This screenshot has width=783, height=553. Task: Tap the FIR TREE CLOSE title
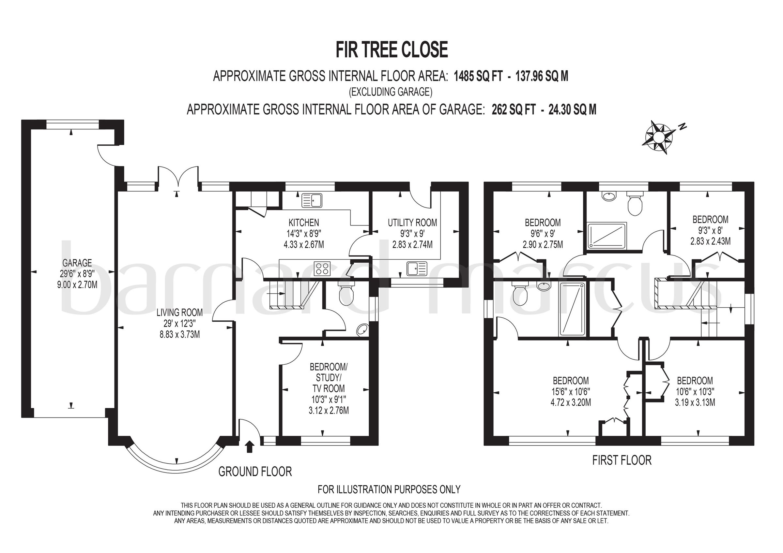pos(391,50)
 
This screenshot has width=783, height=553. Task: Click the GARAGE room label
pos(77,263)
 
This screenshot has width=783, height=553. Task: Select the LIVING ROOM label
pos(179,312)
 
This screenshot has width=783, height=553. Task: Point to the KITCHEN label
pos(303,223)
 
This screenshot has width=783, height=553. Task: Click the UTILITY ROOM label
pos(412,223)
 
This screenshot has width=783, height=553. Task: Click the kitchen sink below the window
pos(312,200)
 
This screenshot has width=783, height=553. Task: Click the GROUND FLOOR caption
pos(255,472)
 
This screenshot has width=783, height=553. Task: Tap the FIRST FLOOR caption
pos(622,460)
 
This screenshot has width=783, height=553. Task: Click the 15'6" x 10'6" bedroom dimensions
pos(571,391)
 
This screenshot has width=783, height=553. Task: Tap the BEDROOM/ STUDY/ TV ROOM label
pos(329,378)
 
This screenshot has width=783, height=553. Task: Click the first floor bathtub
pos(572,308)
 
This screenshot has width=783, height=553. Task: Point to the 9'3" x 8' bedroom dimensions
pos(710,230)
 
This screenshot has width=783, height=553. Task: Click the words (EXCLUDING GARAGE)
pos(391,92)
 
